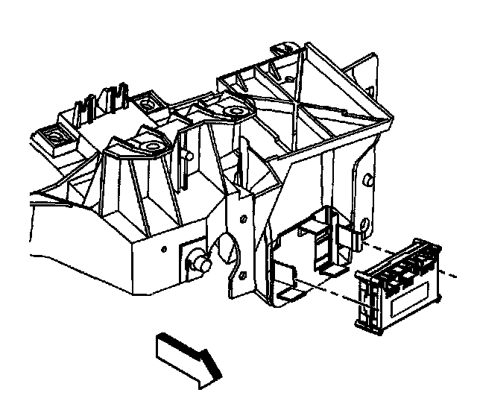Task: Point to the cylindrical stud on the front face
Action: tap(199, 262)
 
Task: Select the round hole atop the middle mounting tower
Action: tap(237, 113)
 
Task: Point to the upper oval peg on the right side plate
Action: tap(370, 180)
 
